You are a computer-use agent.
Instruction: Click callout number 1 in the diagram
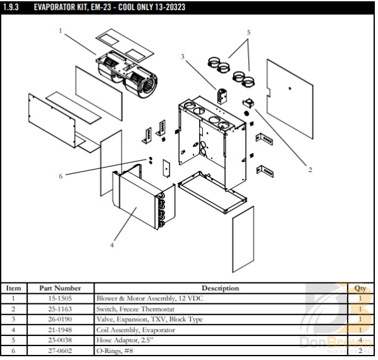(x=60, y=30)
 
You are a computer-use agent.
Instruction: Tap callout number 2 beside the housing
(x=309, y=170)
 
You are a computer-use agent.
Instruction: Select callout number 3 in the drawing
(x=183, y=57)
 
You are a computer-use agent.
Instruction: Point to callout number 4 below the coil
(x=112, y=245)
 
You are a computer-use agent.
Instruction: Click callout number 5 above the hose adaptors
(x=249, y=32)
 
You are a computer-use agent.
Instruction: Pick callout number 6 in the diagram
(x=60, y=176)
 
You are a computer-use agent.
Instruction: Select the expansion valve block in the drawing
(x=222, y=95)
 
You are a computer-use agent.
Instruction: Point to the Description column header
(x=220, y=288)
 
